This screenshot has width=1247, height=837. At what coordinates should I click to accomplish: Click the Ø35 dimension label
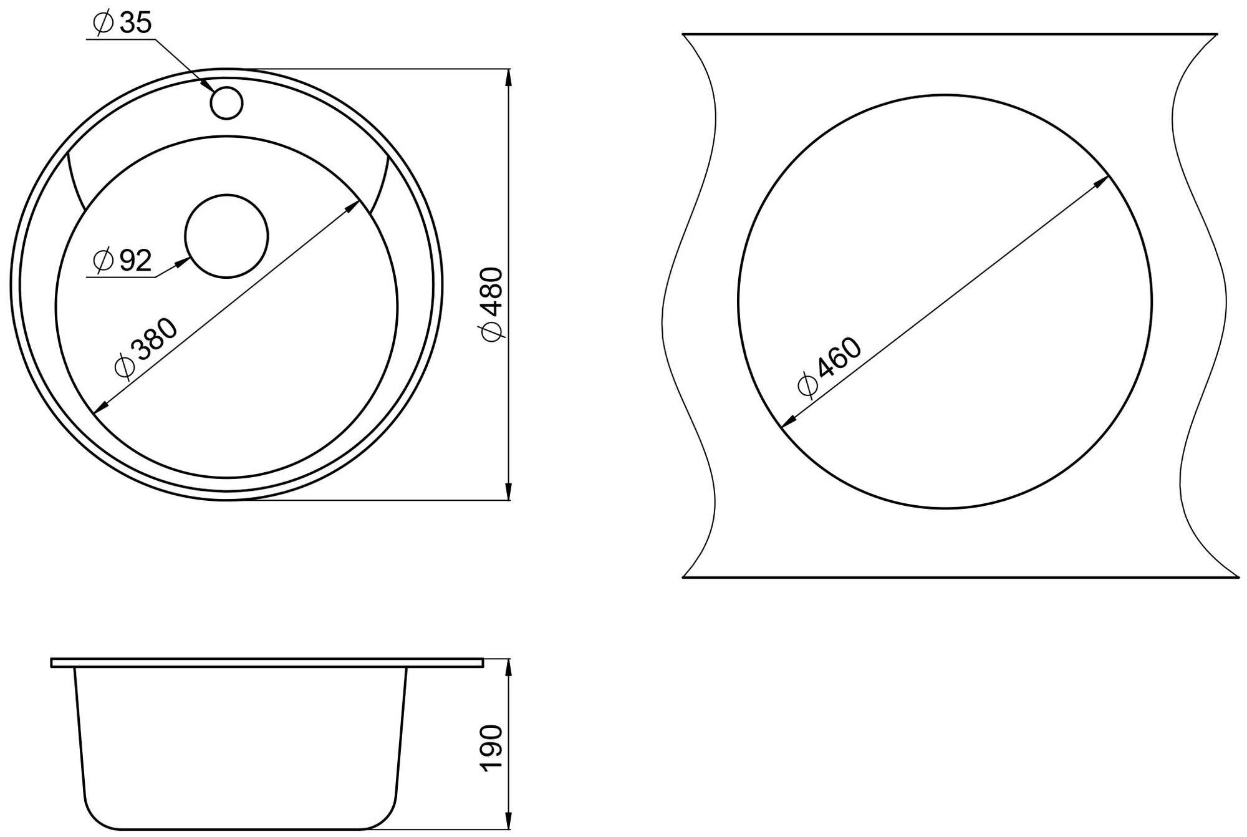click(122, 23)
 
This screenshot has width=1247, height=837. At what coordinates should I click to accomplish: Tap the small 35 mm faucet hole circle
click(226, 103)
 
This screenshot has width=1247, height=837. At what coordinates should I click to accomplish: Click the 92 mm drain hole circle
click(226, 236)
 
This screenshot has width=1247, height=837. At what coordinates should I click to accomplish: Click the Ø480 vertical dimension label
click(492, 304)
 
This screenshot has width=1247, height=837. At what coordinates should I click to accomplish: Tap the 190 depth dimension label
click(492, 748)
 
